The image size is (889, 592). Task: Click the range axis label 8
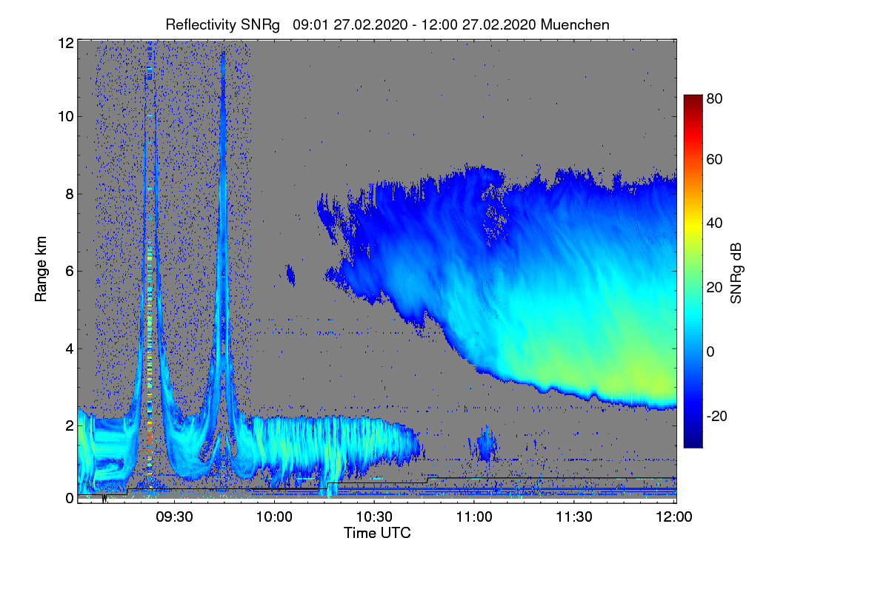point(70,194)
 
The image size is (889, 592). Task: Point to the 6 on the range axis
point(70,271)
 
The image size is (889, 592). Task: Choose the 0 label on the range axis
point(70,498)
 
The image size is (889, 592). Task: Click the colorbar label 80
point(715,97)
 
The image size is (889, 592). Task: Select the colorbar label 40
point(715,223)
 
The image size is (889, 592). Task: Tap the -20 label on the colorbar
point(717,416)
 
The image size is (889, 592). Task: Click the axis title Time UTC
point(376,533)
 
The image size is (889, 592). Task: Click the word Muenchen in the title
point(575,24)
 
